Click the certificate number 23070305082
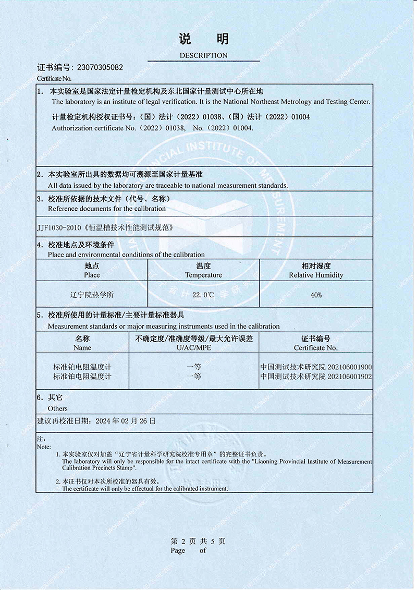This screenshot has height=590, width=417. tap(100, 68)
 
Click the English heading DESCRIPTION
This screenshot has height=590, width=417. tap(203, 55)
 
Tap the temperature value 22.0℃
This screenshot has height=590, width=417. tap(203, 295)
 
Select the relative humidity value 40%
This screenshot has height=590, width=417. tap(316, 295)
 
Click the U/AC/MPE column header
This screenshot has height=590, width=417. tap(194, 348)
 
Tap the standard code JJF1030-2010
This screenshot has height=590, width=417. tap(59, 228)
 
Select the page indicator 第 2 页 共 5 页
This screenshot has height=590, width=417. tap(198, 541)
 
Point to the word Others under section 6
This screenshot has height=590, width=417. tap(58, 408)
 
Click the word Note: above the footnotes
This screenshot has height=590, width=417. tap(44, 447)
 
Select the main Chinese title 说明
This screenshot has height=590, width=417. tap(203, 39)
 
